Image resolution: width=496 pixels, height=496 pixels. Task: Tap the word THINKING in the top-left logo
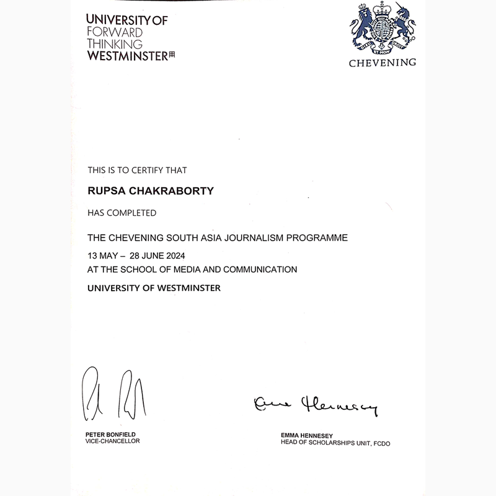[115, 44]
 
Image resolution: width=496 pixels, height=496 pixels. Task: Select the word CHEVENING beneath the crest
[382, 63]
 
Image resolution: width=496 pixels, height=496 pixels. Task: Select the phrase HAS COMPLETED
[122, 213]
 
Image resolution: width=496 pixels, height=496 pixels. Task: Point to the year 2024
[174, 255]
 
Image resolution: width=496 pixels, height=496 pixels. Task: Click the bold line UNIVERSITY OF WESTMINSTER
[154, 288]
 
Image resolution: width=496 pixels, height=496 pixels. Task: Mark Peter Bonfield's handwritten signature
[115, 394]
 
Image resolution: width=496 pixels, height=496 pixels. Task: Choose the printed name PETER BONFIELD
[110, 434]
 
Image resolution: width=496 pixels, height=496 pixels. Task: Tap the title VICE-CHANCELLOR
[113, 441]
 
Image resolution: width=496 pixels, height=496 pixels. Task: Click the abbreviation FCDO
[381, 443]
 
